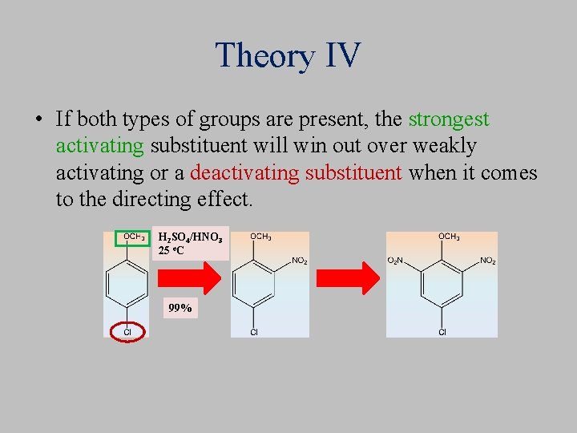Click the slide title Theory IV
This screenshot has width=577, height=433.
pos(288,55)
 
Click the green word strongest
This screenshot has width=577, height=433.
pos(448,119)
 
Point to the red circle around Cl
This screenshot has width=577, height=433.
pos(127,331)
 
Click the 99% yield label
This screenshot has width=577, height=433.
pos(180,307)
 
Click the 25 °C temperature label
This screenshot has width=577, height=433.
pos(173,250)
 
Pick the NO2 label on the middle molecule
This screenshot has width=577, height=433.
pos(299,261)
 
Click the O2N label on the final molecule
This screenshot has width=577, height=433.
pos(396,261)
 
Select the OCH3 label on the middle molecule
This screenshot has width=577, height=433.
pos(260,237)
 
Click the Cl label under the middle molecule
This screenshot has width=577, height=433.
pos(253,332)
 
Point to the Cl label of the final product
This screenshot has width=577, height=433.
pos(442,332)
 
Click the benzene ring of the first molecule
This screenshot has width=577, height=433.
pos(127,285)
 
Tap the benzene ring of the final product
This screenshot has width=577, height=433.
pos(442,285)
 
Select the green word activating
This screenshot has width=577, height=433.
pos(99,146)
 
